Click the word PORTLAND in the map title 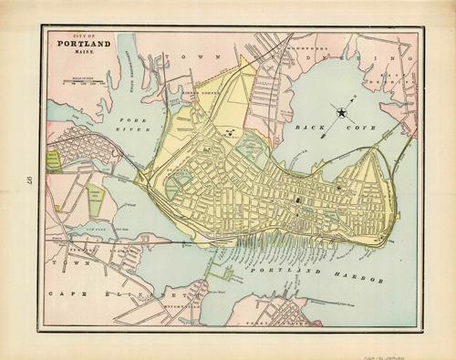(x=83, y=43)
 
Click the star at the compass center (x=343, y=113)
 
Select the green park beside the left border (x=54, y=160)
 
